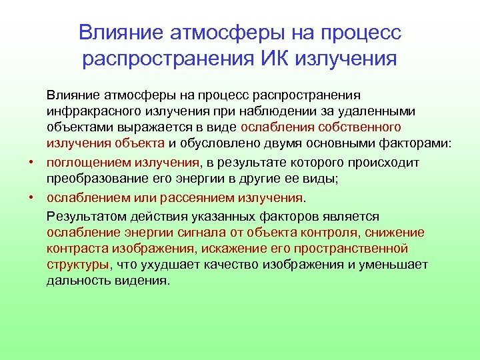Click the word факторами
click(x=403, y=143)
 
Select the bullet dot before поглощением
click(x=31, y=163)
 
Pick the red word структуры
click(x=77, y=264)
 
